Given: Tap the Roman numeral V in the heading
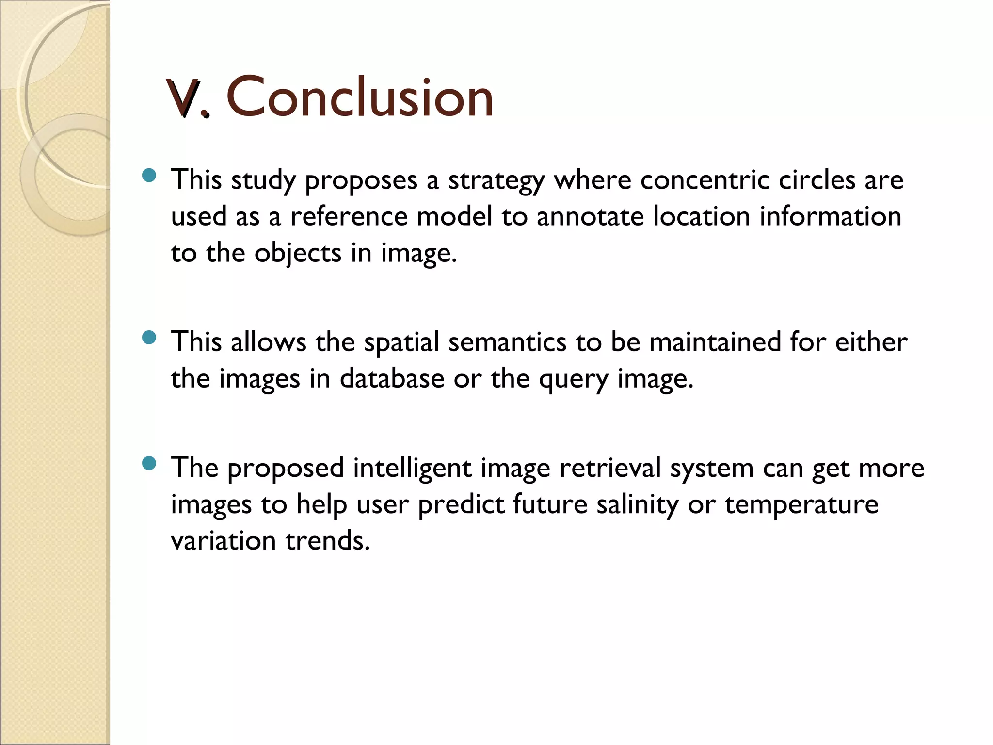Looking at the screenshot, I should tap(183, 98).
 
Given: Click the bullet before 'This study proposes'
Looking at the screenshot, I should tap(150, 175).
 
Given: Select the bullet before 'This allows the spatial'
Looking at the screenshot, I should tap(150, 337).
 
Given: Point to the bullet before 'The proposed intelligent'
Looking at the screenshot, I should tap(150, 463).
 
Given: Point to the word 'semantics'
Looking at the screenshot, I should tap(507, 342).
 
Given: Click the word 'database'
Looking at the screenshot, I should tap(392, 378).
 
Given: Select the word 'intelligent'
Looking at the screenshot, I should tap(412, 469).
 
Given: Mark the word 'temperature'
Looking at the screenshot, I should tap(801, 505).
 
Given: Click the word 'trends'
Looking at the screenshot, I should tap(327, 541).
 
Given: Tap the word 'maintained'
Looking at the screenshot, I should tap(715, 342).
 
